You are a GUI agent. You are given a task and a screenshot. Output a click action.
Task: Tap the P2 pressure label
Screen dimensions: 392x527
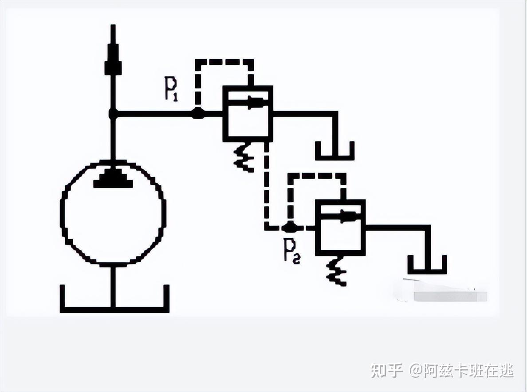pos(292,252)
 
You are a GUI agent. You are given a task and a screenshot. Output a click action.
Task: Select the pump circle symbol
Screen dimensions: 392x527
pos(113,213)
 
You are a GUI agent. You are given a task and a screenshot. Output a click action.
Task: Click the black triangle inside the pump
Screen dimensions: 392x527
pos(113,178)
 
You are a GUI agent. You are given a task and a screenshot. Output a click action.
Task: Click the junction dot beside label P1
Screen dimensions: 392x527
pos(197,114)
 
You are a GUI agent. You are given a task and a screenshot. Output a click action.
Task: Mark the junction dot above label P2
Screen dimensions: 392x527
pos(290,228)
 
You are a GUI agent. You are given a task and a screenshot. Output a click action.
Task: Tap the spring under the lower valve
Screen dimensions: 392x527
pos(336,272)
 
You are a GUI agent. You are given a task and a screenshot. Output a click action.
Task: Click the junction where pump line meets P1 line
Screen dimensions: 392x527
pos(113,114)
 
